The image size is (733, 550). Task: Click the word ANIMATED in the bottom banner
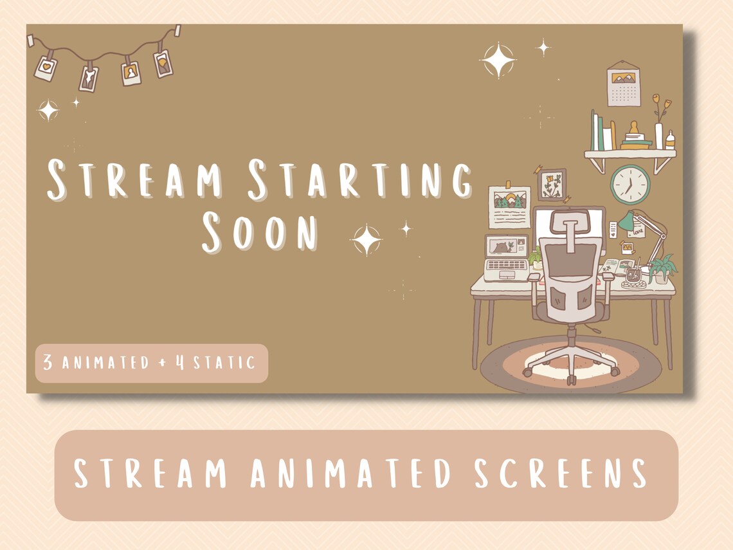coord(356,473)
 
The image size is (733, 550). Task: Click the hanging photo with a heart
coord(46,68)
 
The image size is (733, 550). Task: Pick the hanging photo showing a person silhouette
coord(131,72)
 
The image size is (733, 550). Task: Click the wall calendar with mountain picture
coord(623,84)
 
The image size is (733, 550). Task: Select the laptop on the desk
coord(506,258)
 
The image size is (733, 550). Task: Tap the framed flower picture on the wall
coord(552,185)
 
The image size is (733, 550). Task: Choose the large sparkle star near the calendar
coord(498,60)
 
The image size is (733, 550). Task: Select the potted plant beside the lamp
coord(662,268)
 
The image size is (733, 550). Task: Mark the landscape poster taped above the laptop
coord(509,206)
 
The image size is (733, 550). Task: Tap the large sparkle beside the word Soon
coord(366,240)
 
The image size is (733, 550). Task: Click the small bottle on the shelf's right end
coord(670,140)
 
